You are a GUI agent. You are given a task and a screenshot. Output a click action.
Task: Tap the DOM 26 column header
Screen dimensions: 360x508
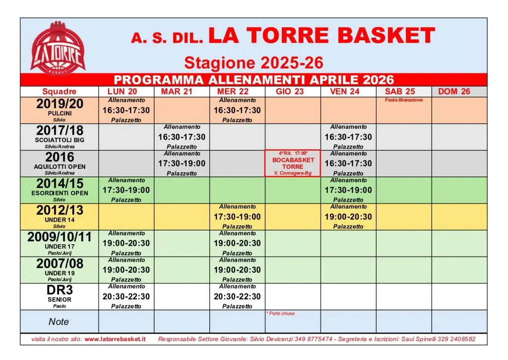(454, 91)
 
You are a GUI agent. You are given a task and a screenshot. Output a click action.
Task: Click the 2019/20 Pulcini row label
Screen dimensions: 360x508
(60, 110)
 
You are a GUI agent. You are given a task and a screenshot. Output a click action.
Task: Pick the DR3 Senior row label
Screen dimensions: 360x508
(60, 296)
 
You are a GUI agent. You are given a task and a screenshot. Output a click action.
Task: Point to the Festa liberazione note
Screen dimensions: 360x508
(404, 100)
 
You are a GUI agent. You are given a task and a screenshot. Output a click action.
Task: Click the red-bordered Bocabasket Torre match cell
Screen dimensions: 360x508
(293, 163)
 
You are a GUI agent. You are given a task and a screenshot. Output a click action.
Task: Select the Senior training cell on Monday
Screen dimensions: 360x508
(126, 296)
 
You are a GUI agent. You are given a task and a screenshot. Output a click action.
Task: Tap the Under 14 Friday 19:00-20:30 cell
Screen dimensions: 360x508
(348, 216)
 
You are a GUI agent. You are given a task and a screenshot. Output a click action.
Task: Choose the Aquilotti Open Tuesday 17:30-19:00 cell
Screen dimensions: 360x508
(182, 163)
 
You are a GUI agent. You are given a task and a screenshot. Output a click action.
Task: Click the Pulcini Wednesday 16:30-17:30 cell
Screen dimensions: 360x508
(237, 110)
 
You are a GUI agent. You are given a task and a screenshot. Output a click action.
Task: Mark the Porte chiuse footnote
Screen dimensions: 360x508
(281, 314)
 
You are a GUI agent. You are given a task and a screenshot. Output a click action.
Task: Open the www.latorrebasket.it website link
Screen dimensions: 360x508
(115, 339)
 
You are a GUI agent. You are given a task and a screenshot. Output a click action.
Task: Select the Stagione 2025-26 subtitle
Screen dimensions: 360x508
(254, 63)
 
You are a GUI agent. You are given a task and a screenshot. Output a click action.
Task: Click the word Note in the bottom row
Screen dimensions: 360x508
(59, 322)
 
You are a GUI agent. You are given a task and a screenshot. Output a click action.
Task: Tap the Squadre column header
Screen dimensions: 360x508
(60, 91)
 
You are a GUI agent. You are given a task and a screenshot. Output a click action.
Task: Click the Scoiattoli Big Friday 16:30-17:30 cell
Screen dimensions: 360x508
(348, 137)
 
